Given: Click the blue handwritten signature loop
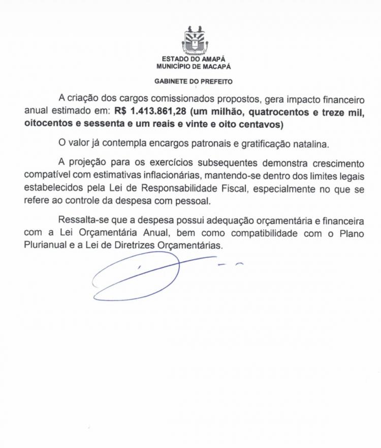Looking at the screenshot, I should point(137,277).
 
